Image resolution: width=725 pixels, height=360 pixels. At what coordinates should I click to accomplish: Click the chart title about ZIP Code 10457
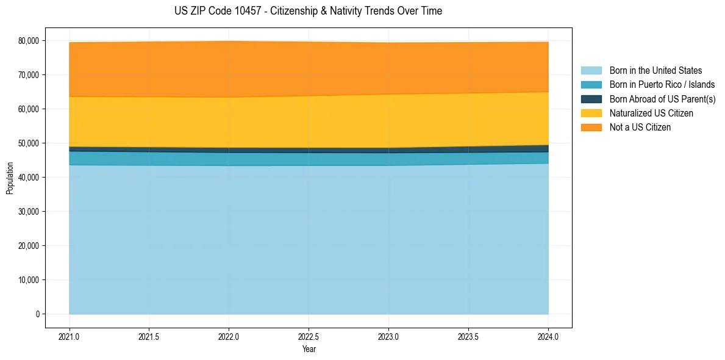pos(308,11)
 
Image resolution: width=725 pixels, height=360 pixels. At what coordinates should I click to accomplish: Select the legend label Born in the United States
pos(655,71)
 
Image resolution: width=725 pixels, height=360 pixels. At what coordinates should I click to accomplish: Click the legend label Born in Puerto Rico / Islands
pos(662,85)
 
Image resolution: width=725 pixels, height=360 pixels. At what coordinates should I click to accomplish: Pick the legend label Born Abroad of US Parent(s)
pos(662,99)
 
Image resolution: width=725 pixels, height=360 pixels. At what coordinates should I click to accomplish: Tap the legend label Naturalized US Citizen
pos(651,113)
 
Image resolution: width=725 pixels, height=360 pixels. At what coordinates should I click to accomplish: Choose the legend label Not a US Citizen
pos(640,128)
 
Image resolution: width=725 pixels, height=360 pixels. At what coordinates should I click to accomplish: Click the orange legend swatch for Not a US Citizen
pos(591,128)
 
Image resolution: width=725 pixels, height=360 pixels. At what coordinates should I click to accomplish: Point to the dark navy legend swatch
pos(591,99)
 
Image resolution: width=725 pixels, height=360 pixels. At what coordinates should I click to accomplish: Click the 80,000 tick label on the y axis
pos(29,41)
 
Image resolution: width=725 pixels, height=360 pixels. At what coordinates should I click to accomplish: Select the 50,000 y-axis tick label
pos(29,143)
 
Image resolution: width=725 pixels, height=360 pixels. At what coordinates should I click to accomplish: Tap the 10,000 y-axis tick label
pos(29,280)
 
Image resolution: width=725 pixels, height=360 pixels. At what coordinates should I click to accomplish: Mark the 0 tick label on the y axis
pos(37,314)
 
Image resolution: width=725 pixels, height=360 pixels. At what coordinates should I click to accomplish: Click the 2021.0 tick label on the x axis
pos(70,336)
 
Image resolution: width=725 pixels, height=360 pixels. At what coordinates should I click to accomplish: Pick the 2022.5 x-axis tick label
pos(309,336)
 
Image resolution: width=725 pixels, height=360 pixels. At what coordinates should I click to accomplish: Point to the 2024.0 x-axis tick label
pos(548,336)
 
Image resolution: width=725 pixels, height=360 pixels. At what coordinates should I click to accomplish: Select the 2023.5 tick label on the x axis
pos(468,336)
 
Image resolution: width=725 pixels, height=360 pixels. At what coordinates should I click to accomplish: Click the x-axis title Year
pos(309,349)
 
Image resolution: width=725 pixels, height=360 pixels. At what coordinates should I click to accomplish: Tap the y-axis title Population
pos(10,178)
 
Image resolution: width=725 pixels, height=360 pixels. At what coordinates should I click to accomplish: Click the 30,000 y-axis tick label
pos(29,212)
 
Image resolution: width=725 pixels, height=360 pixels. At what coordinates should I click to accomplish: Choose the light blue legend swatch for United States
pos(591,71)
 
